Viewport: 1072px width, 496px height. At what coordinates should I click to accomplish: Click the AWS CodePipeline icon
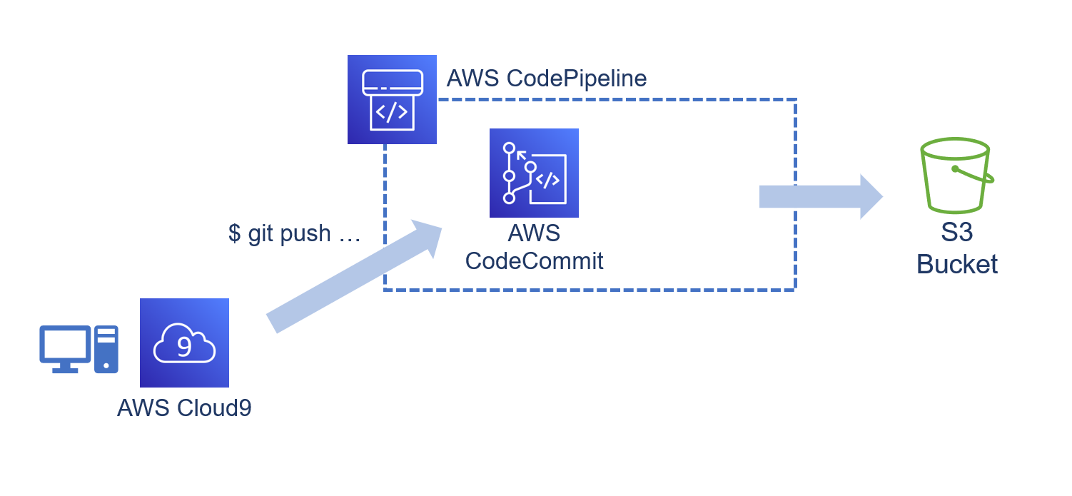(392, 99)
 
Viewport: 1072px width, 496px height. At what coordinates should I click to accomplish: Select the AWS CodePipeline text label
(546, 79)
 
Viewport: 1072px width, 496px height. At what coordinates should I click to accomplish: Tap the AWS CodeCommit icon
(534, 173)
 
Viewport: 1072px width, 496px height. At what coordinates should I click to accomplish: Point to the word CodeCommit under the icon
(534, 261)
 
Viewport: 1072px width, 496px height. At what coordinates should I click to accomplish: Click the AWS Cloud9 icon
(184, 343)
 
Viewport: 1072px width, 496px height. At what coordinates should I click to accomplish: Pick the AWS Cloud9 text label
(184, 408)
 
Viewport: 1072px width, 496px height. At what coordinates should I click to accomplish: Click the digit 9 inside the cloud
(184, 347)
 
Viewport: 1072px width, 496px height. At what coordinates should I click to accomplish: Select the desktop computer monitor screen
(65, 344)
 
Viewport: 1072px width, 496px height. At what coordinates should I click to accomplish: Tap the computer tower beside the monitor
(106, 349)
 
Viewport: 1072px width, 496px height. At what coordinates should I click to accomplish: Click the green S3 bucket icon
(955, 176)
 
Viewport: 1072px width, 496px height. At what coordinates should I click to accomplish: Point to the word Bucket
(956, 264)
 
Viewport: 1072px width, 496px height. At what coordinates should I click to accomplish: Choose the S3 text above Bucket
(956, 233)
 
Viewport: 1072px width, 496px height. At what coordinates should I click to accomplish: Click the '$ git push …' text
(294, 233)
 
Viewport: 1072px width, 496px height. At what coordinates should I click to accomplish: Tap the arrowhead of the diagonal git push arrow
(428, 236)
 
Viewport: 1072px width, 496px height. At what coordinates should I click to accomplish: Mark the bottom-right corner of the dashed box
(795, 290)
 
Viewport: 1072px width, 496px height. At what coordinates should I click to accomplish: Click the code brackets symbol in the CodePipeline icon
(392, 112)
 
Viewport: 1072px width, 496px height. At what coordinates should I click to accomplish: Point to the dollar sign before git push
(234, 233)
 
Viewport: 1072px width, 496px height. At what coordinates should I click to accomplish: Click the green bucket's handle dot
(955, 169)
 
